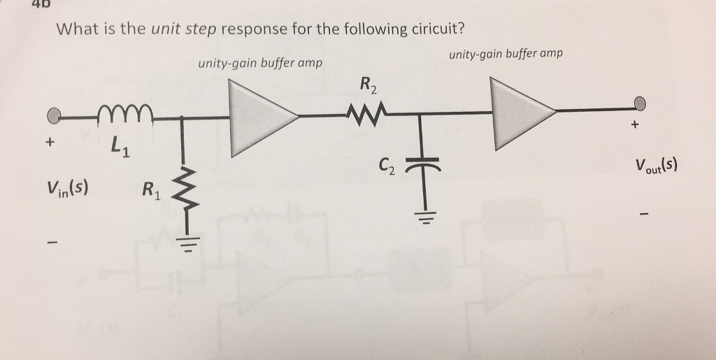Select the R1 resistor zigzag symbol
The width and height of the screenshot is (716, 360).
tap(182, 189)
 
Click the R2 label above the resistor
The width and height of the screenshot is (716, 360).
tap(368, 86)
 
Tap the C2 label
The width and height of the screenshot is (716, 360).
tap(387, 168)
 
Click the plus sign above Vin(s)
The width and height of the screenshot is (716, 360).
tap(49, 142)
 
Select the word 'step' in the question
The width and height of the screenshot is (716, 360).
tap(201, 29)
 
